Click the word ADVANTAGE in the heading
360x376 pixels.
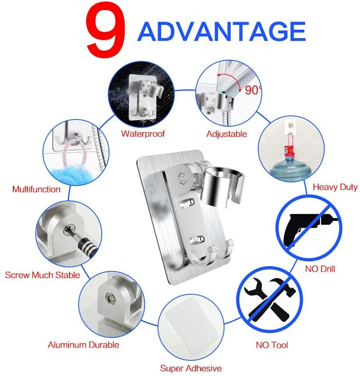click(222, 31)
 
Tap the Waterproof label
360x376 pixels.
click(143, 133)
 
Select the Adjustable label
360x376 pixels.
click(227, 134)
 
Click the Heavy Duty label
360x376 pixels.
click(335, 187)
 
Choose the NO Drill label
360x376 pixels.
click(320, 269)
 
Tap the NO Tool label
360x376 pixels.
click(272, 345)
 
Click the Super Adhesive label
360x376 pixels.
click(191, 368)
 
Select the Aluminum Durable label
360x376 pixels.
click(83, 345)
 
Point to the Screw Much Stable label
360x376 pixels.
click(42, 275)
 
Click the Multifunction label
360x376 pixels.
click(36, 189)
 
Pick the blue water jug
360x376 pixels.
click(291, 169)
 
